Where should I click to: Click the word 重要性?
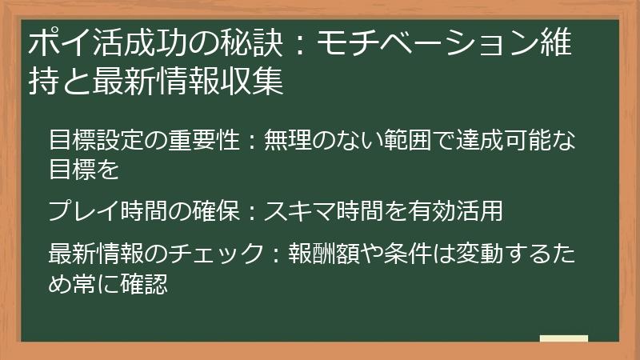206,141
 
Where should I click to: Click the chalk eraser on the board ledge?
564,338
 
